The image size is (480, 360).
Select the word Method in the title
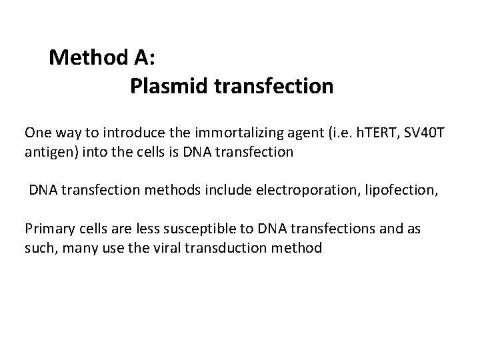(85, 58)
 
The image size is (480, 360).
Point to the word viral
(164, 248)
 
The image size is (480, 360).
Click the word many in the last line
(78, 248)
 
